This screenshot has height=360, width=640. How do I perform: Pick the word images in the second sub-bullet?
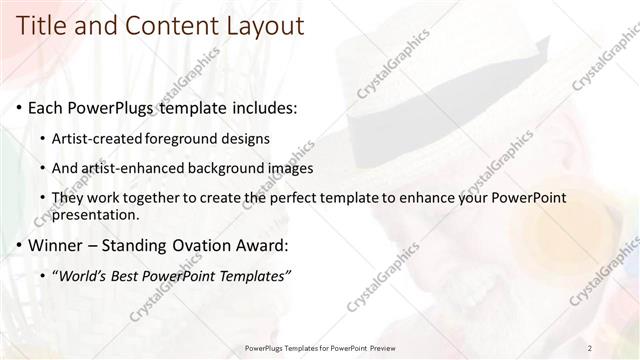pyautogui.click(x=292, y=168)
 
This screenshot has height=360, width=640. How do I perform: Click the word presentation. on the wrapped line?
pyautogui.click(x=95, y=215)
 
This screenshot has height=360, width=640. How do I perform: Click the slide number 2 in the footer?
pyautogui.click(x=590, y=348)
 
